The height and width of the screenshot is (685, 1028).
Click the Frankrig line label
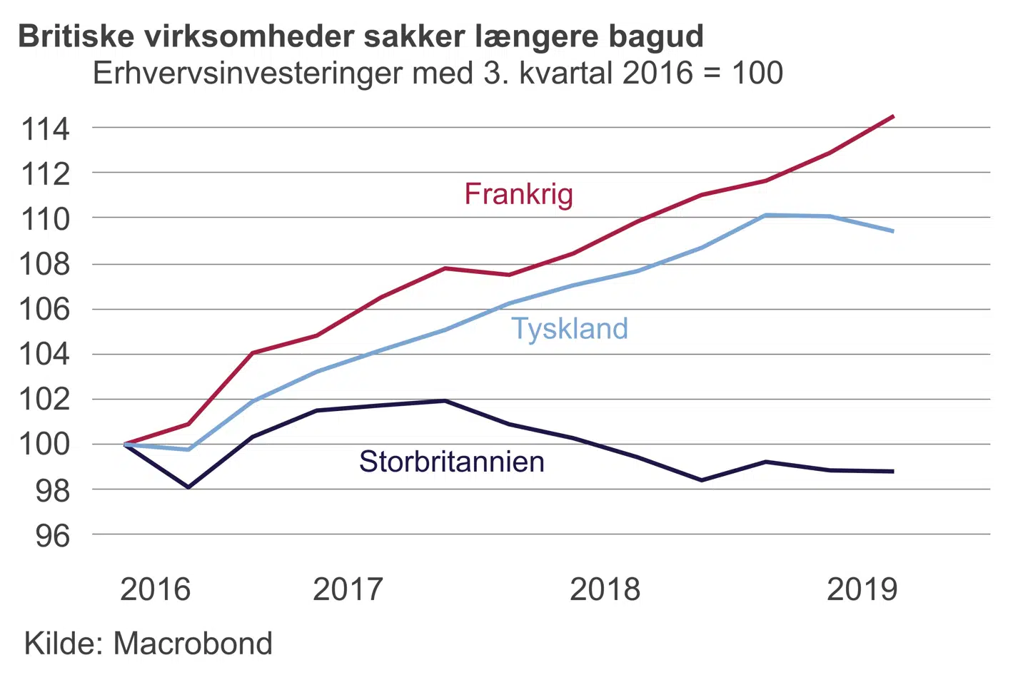click(x=518, y=195)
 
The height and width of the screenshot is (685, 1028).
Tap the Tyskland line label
click(x=570, y=329)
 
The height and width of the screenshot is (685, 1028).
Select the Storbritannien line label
click(x=451, y=462)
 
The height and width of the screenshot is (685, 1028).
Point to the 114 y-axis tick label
click(x=46, y=129)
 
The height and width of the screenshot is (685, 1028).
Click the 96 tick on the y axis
click(x=53, y=535)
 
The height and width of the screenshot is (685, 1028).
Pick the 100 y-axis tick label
click(x=46, y=444)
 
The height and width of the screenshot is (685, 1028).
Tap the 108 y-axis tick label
click(x=46, y=264)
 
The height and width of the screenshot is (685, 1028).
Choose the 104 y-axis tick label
click(x=46, y=354)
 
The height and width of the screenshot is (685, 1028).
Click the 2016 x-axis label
click(x=155, y=589)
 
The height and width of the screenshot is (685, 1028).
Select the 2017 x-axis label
click(x=348, y=589)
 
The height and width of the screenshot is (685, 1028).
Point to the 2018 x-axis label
click(x=605, y=589)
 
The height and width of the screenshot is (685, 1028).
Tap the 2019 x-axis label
click(x=862, y=589)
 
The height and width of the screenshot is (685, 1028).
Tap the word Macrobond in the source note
click(x=193, y=644)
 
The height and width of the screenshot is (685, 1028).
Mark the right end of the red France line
click(x=893, y=116)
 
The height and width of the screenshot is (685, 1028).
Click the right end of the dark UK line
click(x=893, y=472)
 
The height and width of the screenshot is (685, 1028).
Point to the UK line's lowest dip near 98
click(x=188, y=487)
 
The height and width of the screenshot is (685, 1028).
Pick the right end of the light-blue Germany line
click(x=893, y=231)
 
